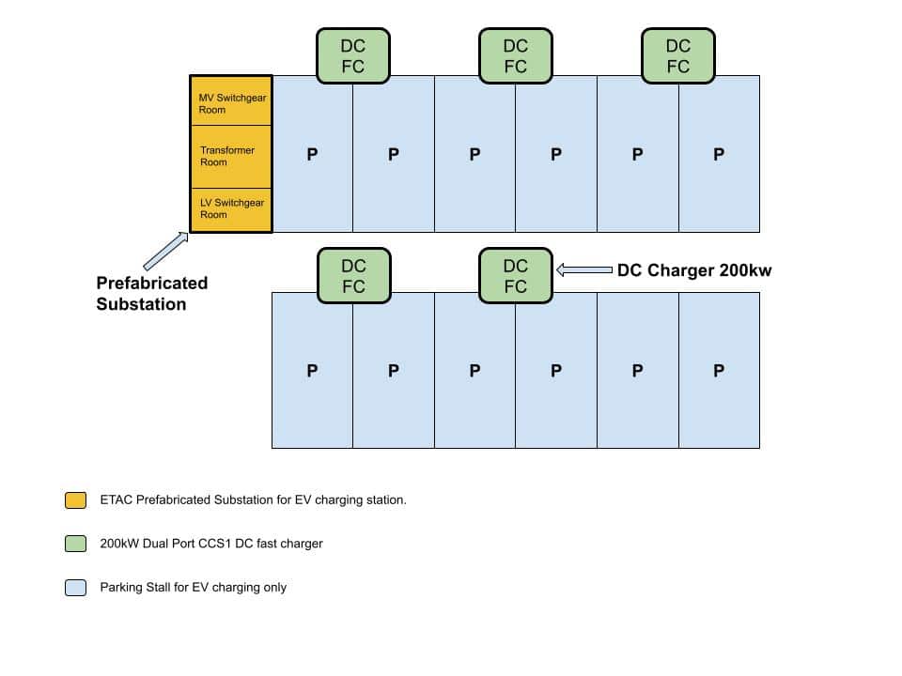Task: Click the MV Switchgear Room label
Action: [219, 103]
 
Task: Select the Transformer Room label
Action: [226, 156]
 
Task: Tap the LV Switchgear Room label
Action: [231, 208]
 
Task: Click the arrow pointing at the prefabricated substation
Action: [164, 252]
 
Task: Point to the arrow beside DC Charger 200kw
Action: [583, 270]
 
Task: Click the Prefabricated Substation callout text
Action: [151, 293]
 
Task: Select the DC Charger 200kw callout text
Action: [693, 270]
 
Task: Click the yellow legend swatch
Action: [76, 500]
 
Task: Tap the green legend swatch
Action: [76, 544]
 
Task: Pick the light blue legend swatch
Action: [76, 588]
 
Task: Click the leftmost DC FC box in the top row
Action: [353, 55]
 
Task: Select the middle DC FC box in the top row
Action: [516, 55]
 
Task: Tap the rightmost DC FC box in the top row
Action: [677, 55]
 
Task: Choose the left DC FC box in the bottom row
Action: [353, 276]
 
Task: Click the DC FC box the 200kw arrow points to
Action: [516, 276]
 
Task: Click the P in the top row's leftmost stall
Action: [313, 154]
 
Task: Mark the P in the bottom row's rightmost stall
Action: [719, 371]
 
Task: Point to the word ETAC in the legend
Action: [117, 500]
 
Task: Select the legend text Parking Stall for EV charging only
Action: [193, 588]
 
